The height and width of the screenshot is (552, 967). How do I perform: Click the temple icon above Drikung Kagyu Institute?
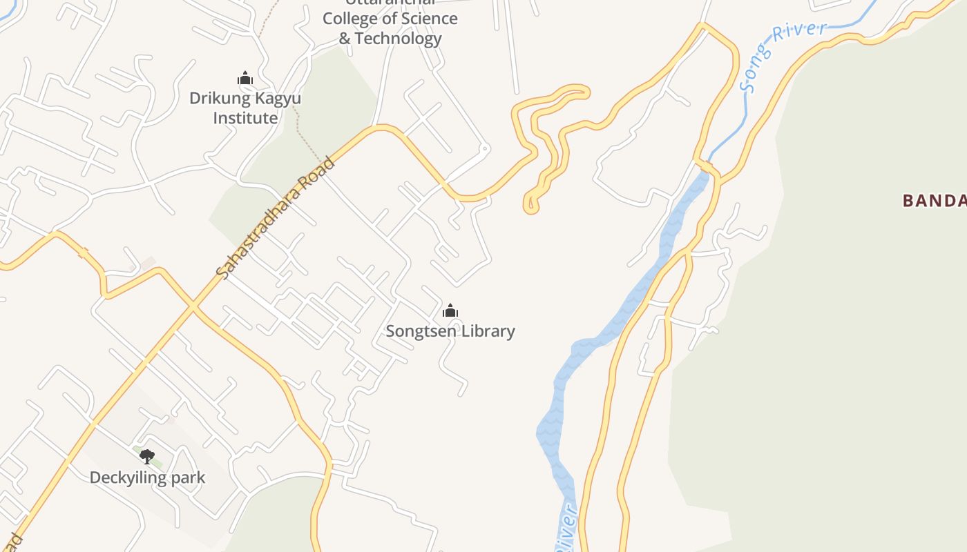click(245, 79)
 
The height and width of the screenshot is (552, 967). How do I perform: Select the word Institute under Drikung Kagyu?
click(245, 118)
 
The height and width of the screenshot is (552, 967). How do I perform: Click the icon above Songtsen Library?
click(450, 310)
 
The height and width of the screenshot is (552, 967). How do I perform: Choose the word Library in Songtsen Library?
click(488, 331)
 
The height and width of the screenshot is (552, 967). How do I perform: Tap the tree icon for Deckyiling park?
click(146, 456)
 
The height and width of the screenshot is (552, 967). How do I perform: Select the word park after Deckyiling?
click(190, 477)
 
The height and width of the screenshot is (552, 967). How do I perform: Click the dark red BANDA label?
click(934, 201)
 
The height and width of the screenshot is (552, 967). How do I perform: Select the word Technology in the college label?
click(399, 39)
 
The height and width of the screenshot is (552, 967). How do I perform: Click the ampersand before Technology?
click(345, 39)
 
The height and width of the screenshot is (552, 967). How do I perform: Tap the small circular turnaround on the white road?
click(485, 148)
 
